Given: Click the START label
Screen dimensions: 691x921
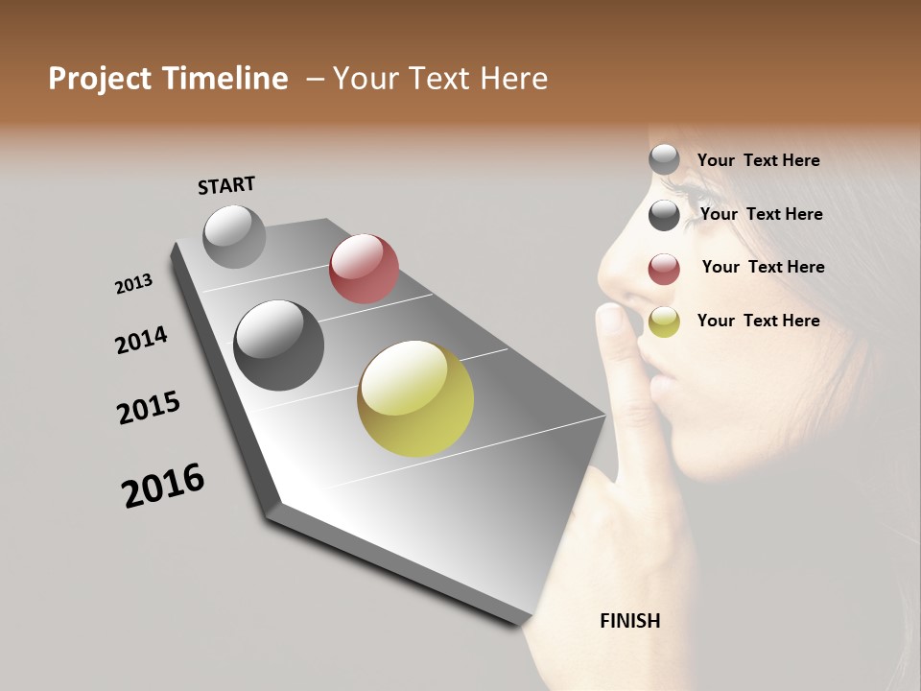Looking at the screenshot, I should coord(226,185).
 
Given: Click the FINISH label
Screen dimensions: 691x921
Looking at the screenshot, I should coord(630,621).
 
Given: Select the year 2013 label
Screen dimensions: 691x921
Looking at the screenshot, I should coord(134,284).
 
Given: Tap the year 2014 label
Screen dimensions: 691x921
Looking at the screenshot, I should coord(141,340).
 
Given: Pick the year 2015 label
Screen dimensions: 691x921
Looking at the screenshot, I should coord(149,408).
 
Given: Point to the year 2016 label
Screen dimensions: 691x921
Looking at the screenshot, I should coord(163,486).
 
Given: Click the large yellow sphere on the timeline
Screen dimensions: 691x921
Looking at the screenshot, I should coord(415,398).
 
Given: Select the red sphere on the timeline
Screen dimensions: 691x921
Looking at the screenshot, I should coord(364,269).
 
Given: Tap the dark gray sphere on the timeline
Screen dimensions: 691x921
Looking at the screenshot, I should coord(279,345).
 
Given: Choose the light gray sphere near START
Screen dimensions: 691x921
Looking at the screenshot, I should coord(234,236).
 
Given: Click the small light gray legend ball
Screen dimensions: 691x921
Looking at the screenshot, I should coord(664,160).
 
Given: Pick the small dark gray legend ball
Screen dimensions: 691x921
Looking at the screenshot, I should coord(664,215).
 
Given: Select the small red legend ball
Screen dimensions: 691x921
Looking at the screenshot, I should coord(664,269).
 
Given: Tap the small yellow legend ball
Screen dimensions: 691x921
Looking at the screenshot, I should coord(664,322).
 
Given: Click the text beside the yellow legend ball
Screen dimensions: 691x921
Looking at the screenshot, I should coord(758,321).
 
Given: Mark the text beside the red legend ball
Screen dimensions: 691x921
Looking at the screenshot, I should coord(763,267).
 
